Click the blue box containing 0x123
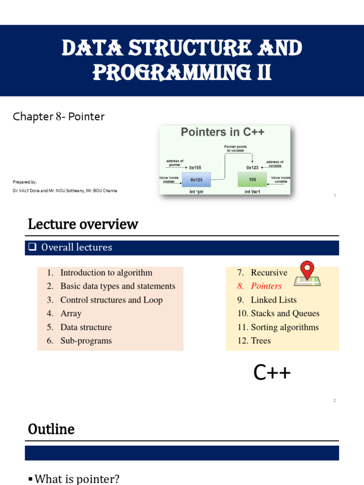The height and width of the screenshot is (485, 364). pos(196,180)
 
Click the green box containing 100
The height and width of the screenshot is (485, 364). pos(252,180)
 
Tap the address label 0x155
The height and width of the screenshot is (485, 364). pos(195,167)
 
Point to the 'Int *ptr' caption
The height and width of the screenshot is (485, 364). pos(196,192)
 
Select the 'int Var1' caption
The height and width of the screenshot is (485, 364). pos(252,192)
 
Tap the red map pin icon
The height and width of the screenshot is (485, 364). pos(307,270)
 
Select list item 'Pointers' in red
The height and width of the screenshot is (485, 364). pos(266,286)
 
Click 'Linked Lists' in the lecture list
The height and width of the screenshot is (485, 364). pos(273,300)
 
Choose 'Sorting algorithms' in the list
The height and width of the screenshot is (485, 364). pos(284,327)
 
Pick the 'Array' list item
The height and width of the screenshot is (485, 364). pos(71,314)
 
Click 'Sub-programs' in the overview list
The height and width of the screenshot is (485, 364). pos(86,341)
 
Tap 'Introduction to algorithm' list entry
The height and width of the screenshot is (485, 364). pos(106,273)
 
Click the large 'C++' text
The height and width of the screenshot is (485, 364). pos(272,373)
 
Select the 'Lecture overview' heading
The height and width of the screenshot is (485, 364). pos(83,224)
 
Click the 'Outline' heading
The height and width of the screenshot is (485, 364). pos(51,429)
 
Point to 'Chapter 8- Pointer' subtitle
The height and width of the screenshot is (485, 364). pos(58,117)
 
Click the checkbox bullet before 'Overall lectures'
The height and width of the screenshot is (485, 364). pos(33,247)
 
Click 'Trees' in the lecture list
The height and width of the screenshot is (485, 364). pos(261,341)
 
